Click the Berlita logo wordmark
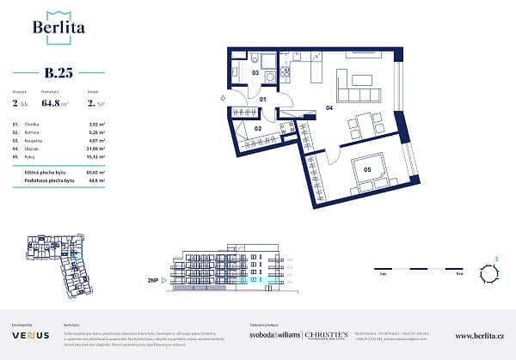pyautogui.click(x=58, y=27)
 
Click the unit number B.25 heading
pyautogui.click(x=58, y=73)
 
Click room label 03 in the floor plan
pyautogui.click(x=255, y=74)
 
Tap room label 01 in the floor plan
pyautogui.click(x=263, y=100)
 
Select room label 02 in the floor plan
pyautogui.click(x=257, y=128)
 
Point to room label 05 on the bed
pyautogui.click(x=366, y=170)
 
